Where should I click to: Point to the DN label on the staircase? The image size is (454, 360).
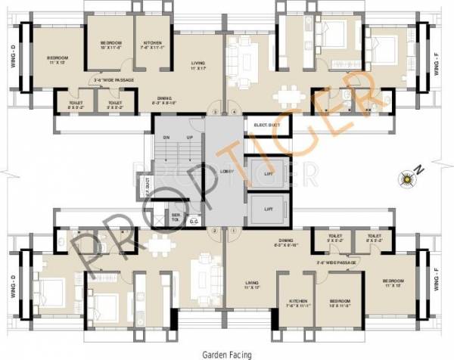(x=165, y=138)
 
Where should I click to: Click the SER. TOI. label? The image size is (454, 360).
(x=175, y=216)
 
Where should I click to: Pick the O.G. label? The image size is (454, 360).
(x=194, y=222)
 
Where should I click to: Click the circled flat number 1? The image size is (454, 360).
(x=235, y=230)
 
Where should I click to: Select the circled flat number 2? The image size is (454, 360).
(x=216, y=230)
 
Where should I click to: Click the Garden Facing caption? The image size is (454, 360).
(x=227, y=353)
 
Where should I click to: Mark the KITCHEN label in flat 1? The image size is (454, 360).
(x=294, y=306)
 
